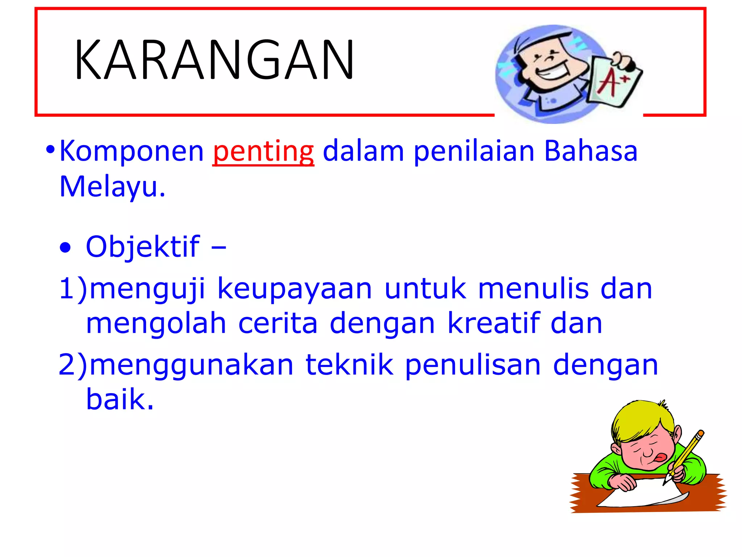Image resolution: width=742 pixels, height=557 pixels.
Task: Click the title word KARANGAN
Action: point(214,60)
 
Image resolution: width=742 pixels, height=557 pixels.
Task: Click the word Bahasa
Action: point(591,151)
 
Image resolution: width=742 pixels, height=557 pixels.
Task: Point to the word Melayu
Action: point(112,187)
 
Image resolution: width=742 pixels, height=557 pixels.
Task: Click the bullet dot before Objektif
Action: point(66,248)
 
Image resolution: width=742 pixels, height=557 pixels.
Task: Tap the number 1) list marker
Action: point(73,289)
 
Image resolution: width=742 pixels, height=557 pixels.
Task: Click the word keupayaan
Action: point(295,289)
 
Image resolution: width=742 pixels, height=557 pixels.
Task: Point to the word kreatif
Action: point(493,323)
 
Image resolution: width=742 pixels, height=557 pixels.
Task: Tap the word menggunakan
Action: point(191,366)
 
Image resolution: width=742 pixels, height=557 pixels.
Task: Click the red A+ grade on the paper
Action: point(612,82)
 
